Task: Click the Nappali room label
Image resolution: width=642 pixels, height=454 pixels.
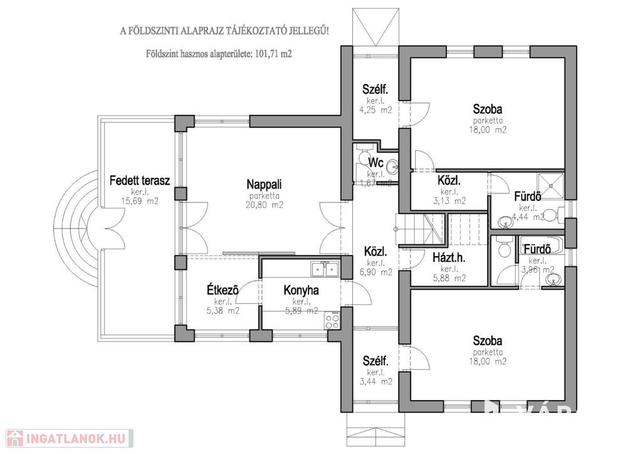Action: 264,185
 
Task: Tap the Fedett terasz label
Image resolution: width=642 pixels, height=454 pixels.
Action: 139,181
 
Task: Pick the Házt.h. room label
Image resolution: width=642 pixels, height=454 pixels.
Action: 449,257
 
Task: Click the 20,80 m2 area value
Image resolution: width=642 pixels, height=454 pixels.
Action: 264,205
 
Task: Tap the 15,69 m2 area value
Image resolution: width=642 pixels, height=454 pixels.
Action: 139,202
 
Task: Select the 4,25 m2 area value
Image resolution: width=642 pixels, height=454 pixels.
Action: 375,110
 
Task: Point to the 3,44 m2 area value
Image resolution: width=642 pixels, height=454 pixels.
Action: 376,381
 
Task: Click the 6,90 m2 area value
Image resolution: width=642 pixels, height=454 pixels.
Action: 375,272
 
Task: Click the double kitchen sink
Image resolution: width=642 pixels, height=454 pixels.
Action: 325,270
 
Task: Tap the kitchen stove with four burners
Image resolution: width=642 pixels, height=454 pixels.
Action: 332,322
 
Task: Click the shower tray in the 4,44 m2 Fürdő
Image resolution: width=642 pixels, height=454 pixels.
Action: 552,182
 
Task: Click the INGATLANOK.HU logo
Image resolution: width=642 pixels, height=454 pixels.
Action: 68,438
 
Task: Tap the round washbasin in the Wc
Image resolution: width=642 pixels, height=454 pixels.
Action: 392,168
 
